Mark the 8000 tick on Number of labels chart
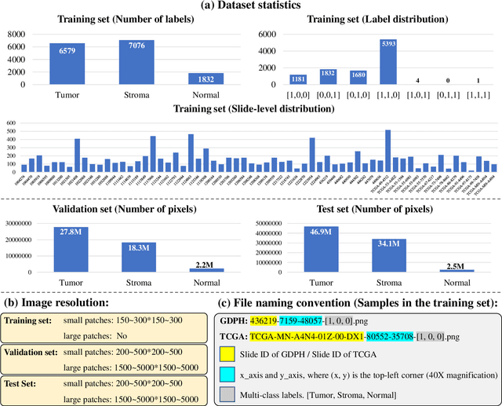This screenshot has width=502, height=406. [x=16, y=35]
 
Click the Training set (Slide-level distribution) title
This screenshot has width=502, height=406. [x=250, y=112]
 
